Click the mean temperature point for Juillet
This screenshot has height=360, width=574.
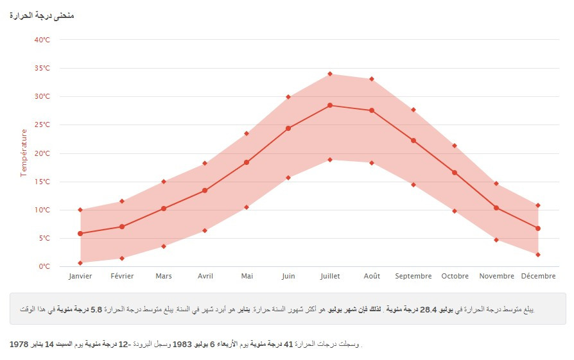pos(330,105)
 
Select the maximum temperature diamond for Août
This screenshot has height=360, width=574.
pos(372,79)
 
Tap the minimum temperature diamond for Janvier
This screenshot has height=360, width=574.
pos(80,262)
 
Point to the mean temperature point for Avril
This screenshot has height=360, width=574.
pos(205,191)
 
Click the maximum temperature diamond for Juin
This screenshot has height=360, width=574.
pos(288,97)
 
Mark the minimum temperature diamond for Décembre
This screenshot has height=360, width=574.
pos(538,255)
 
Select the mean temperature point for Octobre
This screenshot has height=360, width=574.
pos(455,173)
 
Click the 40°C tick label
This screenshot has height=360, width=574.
pos(42,40)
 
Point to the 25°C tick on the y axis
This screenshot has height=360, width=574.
pos(42,125)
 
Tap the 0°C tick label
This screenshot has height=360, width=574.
pos(44,266)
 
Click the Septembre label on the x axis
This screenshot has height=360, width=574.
pos(413,277)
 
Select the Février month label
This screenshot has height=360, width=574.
pos(122,277)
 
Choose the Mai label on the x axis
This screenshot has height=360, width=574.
pos(247,277)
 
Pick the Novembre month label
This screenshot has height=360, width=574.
pos(496,277)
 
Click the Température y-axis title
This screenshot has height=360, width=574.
pos(24,153)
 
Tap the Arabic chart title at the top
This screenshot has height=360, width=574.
pos(42,15)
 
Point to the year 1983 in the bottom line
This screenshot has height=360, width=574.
pos(182,345)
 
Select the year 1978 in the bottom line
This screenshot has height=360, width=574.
pos(20,345)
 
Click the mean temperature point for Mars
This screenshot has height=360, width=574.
pos(164,209)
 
